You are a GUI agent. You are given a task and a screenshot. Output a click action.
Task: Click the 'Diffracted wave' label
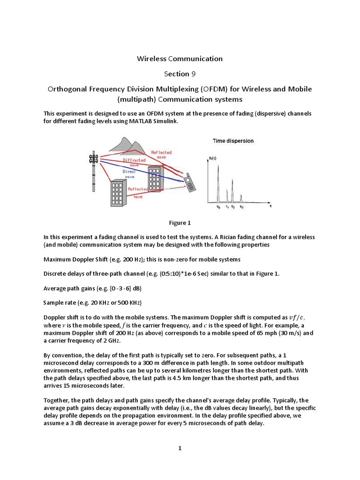click(134, 162)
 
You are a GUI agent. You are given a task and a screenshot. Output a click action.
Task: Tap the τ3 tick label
click(241, 207)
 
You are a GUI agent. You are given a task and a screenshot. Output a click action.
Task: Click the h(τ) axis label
click(212, 159)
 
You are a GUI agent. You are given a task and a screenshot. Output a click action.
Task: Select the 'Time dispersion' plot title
click(233, 141)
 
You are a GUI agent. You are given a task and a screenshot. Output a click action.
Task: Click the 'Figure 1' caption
click(180, 223)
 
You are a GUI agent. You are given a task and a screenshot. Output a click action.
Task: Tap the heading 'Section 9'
click(180, 74)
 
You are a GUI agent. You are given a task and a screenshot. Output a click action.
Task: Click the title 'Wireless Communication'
click(180, 59)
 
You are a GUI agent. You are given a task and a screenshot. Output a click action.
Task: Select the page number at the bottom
click(180, 448)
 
